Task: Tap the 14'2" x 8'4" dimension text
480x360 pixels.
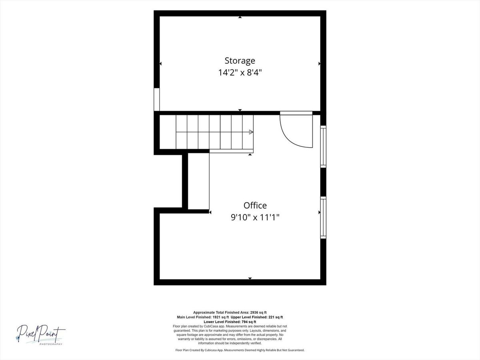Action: click(x=240, y=72)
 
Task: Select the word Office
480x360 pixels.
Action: click(x=255, y=206)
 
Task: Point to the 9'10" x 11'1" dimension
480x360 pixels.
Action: click(x=255, y=217)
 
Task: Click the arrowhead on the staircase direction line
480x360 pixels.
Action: click(x=251, y=132)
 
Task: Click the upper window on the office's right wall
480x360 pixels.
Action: click(x=323, y=146)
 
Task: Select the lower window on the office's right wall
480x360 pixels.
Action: click(x=323, y=218)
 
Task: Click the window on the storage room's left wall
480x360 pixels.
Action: click(x=156, y=100)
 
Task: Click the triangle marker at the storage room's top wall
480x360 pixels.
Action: click(x=240, y=17)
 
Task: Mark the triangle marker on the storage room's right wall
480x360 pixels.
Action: click(x=320, y=64)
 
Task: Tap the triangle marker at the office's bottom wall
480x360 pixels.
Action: click(x=250, y=278)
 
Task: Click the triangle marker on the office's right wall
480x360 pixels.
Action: click(x=320, y=212)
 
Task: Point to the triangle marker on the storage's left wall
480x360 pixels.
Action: click(x=160, y=64)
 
